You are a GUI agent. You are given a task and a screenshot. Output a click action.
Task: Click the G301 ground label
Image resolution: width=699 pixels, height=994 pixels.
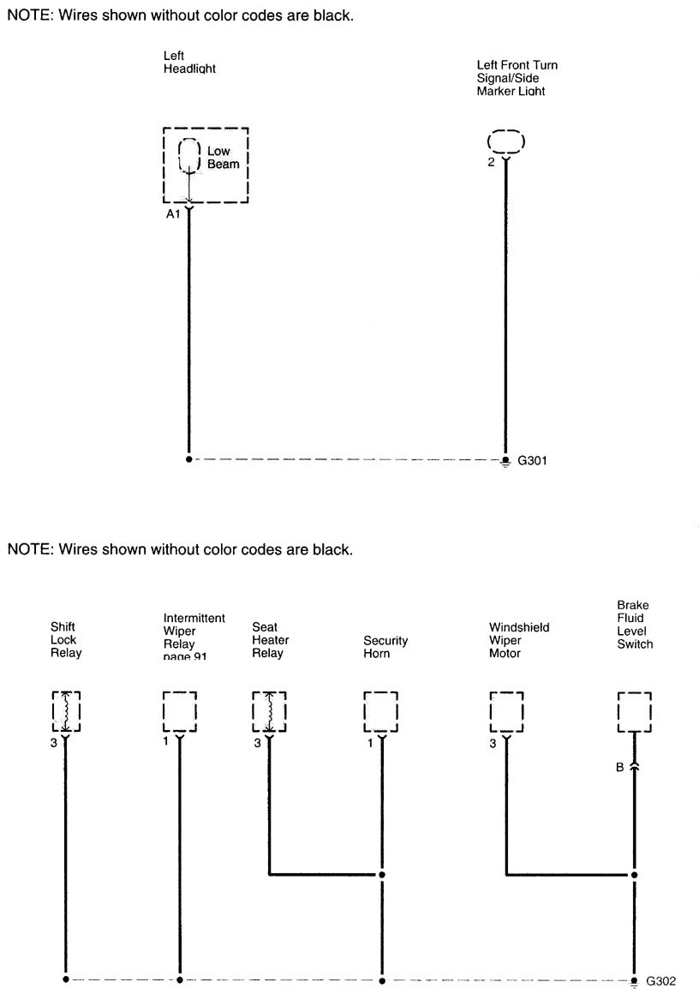tap(532, 460)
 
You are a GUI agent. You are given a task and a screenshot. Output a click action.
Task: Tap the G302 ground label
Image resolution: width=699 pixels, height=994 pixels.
tap(660, 980)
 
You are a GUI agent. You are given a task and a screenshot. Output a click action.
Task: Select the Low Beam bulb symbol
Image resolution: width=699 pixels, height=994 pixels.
tap(188, 155)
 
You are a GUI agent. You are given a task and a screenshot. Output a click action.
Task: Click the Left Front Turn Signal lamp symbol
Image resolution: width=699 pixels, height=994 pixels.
tap(505, 141)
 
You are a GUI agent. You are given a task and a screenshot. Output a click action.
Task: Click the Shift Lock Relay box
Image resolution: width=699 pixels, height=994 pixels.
tap(65, 711)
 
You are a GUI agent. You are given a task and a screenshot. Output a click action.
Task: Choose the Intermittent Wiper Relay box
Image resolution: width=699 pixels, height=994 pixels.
tap(179, 711)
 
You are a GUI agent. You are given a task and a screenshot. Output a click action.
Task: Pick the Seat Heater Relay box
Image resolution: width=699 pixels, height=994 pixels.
tap(269, 711)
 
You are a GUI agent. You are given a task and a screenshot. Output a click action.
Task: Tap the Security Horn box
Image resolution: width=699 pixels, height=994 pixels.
tap(381, 711)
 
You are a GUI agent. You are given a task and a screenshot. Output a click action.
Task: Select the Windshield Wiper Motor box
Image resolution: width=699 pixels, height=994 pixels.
tap(506, 711)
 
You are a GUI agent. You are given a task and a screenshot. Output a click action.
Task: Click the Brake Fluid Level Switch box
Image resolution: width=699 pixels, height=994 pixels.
tap(634, 711)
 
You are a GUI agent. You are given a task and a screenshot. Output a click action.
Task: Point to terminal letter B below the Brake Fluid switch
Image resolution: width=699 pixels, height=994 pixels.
tap(619, 767)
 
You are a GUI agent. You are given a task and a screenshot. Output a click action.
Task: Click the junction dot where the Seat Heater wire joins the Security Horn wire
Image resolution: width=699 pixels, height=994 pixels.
tap(382, 875)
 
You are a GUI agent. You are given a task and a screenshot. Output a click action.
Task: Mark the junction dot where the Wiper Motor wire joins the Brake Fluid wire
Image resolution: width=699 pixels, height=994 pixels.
tap(634, 875)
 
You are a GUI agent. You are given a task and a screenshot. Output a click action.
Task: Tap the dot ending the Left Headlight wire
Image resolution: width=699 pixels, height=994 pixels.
tap(188, 459)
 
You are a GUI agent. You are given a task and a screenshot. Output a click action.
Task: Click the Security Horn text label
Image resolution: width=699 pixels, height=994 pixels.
tap(385, 647)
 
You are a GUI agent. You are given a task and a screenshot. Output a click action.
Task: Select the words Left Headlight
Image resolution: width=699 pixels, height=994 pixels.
tap(188, 63)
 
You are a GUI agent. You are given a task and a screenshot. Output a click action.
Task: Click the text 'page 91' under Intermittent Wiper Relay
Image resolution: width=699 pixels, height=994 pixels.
tap(187, 657)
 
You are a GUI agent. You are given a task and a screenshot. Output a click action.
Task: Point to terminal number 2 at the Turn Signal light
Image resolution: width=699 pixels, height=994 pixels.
tap(491, 163)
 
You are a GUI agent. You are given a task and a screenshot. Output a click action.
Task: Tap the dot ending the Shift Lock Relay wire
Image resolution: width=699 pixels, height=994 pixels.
tap(65, 979)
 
